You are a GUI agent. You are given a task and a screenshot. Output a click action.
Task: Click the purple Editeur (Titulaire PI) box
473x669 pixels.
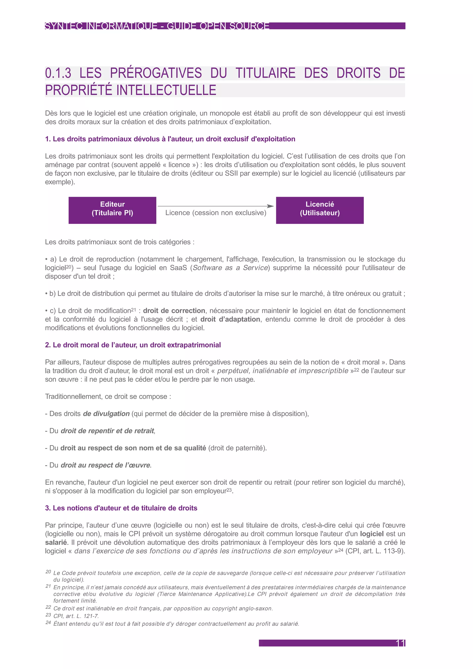point(112,210)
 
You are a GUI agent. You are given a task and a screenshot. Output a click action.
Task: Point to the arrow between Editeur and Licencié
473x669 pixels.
point(215,206)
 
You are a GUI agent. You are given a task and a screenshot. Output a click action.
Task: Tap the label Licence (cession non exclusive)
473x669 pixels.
point(216,213)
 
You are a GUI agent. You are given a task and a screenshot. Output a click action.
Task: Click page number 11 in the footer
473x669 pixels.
point(400,643)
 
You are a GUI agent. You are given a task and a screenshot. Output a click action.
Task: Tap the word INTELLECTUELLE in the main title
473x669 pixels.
point(166,90)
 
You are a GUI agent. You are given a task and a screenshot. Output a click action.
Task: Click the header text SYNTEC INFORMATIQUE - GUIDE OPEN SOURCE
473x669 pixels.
point(157,26)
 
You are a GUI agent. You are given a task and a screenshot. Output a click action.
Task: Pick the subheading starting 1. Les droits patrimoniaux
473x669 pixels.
point(170,139)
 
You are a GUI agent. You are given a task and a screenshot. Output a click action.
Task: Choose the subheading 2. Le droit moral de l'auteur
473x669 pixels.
point(133,345)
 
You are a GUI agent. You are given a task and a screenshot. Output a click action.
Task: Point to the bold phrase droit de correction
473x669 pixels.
point(174,311)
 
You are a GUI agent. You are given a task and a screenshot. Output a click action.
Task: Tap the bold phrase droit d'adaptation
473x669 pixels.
point(230,319)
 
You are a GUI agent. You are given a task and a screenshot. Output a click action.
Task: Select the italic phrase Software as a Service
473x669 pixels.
point(230,268)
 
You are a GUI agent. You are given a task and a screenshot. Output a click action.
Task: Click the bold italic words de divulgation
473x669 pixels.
point(106,414)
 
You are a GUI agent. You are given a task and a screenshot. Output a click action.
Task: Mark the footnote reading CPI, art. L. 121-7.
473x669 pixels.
point(76,616)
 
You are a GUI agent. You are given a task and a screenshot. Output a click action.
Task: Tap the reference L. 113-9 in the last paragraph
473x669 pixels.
point(389,551)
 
